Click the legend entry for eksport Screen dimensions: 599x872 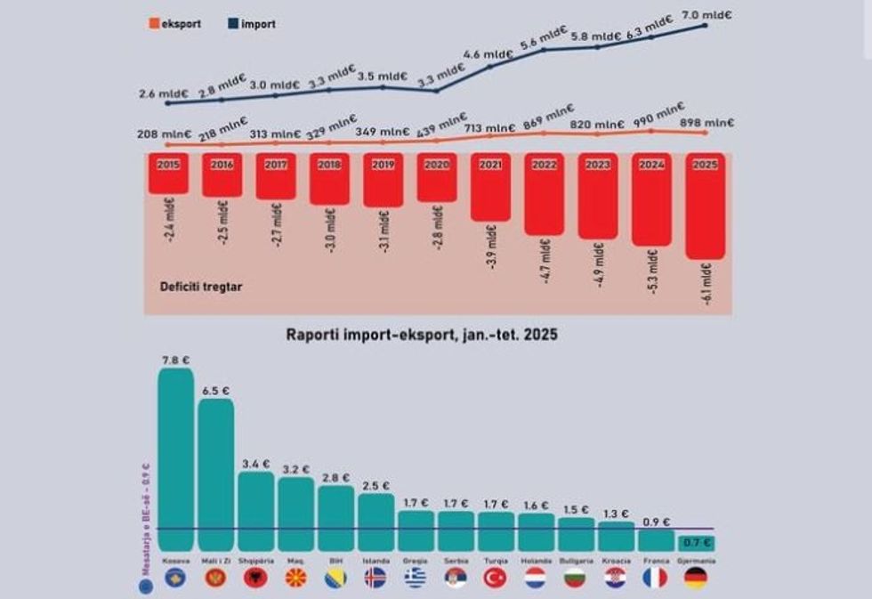(x=176, y=24)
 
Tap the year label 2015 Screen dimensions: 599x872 (x=168, y=165)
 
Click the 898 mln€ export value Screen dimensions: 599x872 (x=706, y=123)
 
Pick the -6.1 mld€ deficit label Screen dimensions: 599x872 (x=706, y=285)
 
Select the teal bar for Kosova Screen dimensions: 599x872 (x=175, y=459)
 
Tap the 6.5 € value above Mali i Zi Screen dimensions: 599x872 (x=215, y=391)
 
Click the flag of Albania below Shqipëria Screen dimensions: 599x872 (x=255, y=578)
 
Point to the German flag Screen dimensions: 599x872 (x=695, y=578)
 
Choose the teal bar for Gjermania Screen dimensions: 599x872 (x=695, y=541)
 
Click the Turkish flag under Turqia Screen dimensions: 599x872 (x=495, y=578)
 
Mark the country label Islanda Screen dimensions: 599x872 (x=375, y=561)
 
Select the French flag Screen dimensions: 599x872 (x=655, y=578)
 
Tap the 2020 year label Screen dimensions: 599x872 (x=437, y=165)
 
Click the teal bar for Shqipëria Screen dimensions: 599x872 (x=255, y=511)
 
